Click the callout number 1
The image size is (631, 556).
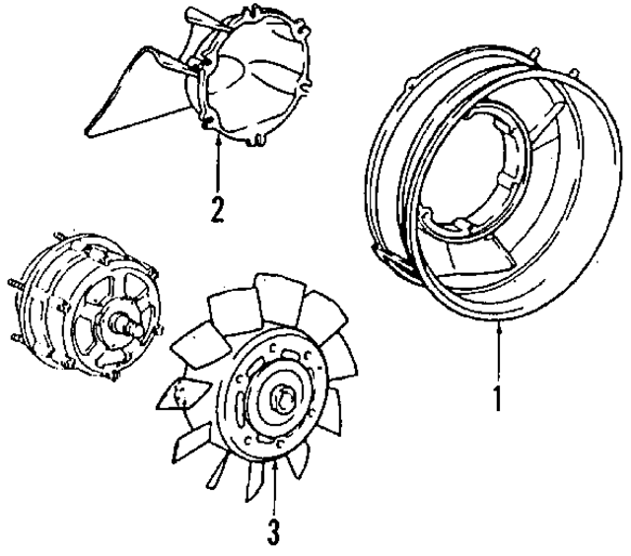pos(499,398)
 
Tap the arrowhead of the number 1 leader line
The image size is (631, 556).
pos(500,327)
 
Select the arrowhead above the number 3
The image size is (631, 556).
pos(275,465)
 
